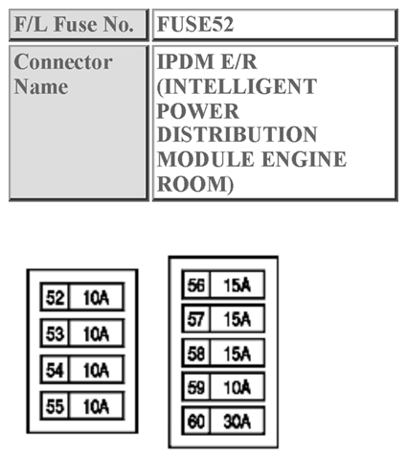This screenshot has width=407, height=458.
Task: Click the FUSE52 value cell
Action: coord(275,24)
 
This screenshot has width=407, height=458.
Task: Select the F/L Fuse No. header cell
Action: coord(78,24)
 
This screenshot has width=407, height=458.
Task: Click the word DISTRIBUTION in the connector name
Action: coord(237,134)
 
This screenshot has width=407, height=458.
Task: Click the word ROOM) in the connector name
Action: coord(194,182)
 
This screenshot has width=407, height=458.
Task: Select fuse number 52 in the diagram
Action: coord(55,298)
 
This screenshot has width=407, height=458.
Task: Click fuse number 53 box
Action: coord(55,333)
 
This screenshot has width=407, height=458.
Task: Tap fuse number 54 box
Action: coord(55,369)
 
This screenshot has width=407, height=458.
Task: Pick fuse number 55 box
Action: coord(55,405)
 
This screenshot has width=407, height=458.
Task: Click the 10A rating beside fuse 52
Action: coord(96,298)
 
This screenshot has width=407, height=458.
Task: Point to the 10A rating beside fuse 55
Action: coord(96,405)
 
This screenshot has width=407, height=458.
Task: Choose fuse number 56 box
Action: coord(195,285)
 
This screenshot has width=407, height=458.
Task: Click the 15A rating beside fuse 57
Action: coord(236,319)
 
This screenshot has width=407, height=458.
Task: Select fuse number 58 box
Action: coord(195,354)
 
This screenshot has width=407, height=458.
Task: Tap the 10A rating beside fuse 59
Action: coord(236,388)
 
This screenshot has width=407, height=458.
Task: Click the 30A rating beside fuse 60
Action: coord(236,422)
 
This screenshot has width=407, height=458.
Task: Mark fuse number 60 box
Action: coord(195,422)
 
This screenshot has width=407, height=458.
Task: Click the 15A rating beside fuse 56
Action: coord(236,285)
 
